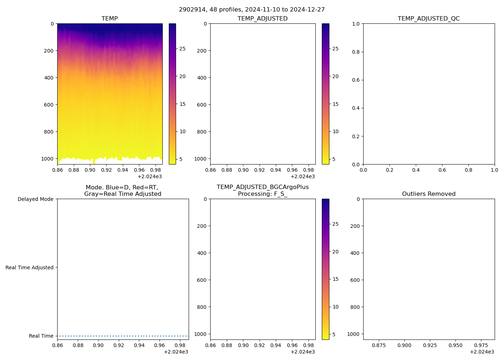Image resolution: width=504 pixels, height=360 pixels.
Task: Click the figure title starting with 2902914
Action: [252, 10]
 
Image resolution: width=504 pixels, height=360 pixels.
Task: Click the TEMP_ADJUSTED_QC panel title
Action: [428, 19]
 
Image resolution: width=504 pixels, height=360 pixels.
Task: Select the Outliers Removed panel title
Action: [428, 194]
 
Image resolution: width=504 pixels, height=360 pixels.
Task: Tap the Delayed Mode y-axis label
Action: [35, 199]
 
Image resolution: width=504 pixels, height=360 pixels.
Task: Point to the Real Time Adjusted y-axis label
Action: [29, 267]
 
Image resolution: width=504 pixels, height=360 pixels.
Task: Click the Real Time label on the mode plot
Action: [41, 336]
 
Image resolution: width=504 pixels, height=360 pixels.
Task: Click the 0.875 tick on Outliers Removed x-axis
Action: [379, 345]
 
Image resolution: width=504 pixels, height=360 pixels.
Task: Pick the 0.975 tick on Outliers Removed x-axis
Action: [481, 345]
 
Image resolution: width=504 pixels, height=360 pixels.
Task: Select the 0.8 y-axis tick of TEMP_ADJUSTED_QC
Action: [356, 52]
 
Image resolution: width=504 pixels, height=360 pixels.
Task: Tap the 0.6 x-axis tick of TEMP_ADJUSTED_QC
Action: [442, 170]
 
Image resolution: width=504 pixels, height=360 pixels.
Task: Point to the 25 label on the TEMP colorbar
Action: [183, 49]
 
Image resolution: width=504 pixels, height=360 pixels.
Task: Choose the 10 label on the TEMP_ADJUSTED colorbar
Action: [336, 132]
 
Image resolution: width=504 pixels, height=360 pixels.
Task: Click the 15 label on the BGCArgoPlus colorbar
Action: [336, 279]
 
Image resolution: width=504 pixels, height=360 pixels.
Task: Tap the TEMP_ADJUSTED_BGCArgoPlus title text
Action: [262, 187]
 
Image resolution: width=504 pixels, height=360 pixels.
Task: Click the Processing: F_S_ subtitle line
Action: [262, 194]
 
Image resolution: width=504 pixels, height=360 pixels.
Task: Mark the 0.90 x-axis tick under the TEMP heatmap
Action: [90, 170]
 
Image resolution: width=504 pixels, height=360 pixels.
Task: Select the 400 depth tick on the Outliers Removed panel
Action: [355, 253]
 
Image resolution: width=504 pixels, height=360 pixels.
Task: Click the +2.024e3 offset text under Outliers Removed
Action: [482, 352]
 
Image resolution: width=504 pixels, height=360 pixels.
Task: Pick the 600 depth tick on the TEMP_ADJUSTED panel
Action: [202, 105]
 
